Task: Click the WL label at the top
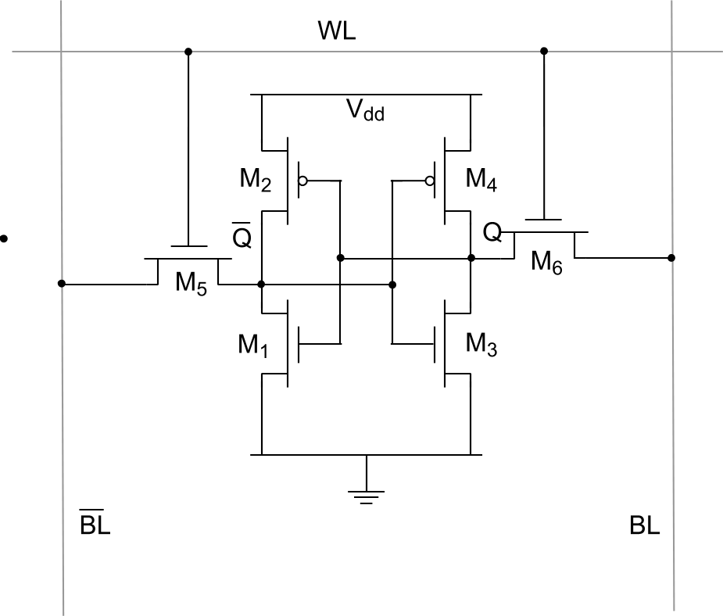coord(337,31)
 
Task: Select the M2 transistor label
coord(256,181)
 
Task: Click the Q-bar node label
coord(242,235)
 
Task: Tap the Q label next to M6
coord(492,233)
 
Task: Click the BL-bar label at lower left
coord(95,525)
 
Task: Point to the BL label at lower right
coord(645,525)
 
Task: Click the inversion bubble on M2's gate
coord(304,181)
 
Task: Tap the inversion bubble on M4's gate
coord(430,181)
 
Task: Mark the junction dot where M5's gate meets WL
coord(187,52)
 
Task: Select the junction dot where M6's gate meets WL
coord(544,52)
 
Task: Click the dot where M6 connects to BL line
coord(672,257)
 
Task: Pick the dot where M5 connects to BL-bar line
coord(62,283)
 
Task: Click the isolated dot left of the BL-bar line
coord(5,238)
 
